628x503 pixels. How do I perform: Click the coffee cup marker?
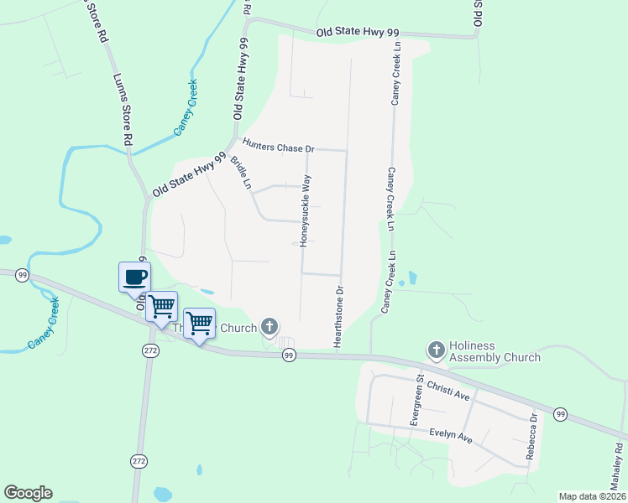click(x=134, y=277)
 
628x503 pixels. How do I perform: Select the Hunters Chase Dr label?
click(x=277, y=145)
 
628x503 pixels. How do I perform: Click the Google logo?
click(x=28, y=493)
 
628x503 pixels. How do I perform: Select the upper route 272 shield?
click(x=150, y=350)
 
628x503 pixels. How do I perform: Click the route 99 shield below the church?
click(x=289, y=355)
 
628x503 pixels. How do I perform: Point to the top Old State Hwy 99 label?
click(x=358, y=32)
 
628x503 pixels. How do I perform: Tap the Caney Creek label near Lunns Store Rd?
click(x=186, y=107)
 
